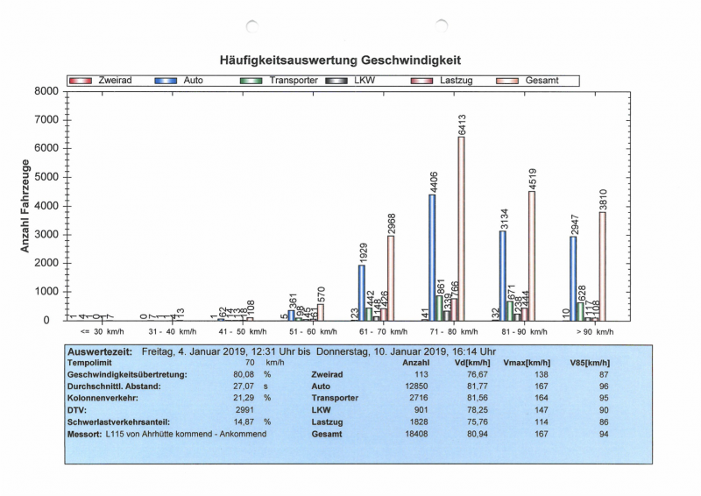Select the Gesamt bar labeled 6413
pyautogui.click(x=461, y=229)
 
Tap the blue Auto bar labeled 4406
pyautogui.click(x=432, y=257)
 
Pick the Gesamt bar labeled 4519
pyautogui.click(x=531, y=255)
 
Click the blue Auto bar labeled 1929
pyautogui.click(x=361, y=292)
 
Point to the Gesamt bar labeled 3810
pyautogui.click(x=602, y=266)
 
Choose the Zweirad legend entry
pyautogui.click(x=100, y=80)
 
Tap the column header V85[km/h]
pyautogui.click(x=590, y=361)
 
